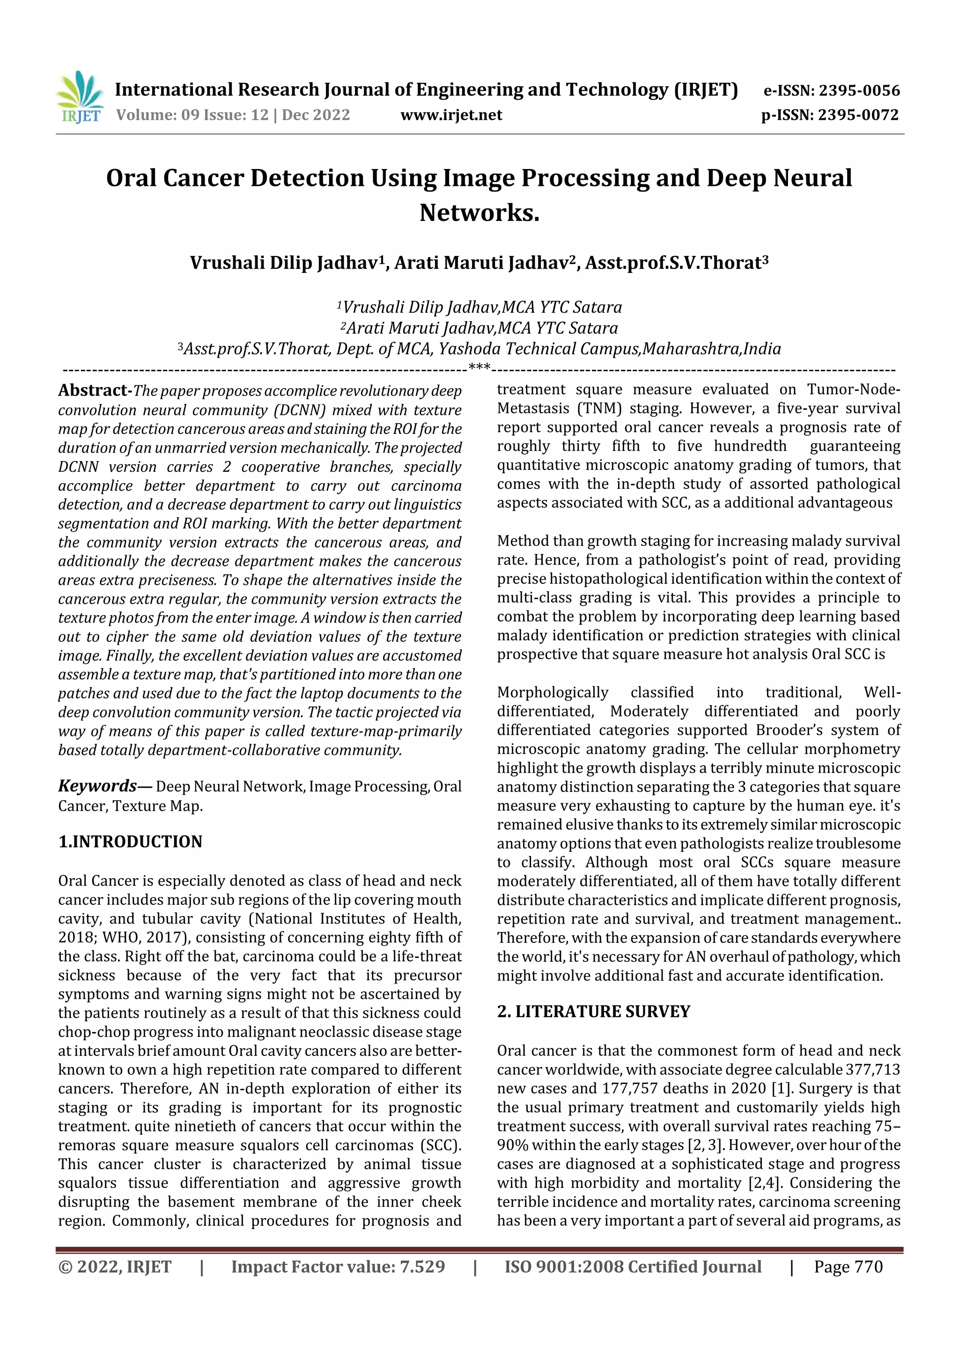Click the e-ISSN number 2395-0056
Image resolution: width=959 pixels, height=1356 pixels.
point(858,91)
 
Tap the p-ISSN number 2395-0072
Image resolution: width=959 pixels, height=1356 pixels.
point(858,115)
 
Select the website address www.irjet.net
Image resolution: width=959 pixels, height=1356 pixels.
point(451,115)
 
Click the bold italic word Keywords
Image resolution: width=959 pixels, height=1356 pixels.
point(98,785)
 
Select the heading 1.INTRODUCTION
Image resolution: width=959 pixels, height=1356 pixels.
point(130,842)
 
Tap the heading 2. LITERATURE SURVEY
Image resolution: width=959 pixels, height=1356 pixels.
point(593,1012)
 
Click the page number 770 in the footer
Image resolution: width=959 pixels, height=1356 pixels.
point(868,1266)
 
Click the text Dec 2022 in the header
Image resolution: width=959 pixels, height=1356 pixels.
point(316,115)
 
